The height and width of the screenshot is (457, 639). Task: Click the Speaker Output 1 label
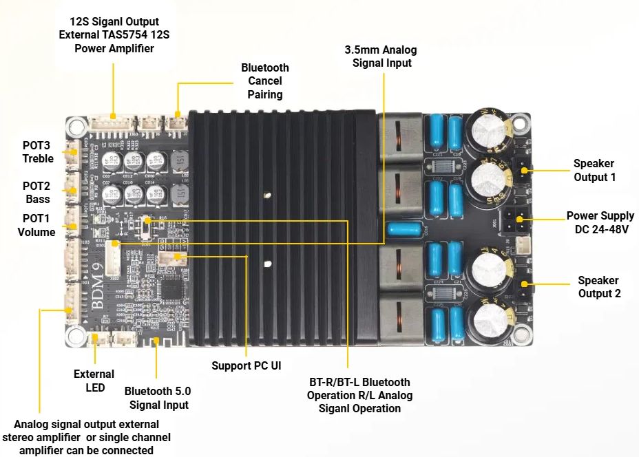(x=594, y=170)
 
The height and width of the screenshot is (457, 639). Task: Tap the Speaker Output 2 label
(x=598, y=286)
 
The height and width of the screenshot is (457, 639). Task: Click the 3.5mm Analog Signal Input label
(x=381, y=56)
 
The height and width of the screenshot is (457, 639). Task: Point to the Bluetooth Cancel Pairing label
(x=265, y=81)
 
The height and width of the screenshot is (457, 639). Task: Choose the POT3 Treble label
(x=37, y=152)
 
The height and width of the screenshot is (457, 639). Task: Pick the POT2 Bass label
(x=36, y=192)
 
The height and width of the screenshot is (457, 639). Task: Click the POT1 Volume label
(x=36, y=226)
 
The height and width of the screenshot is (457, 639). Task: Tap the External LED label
(x=90, y=381)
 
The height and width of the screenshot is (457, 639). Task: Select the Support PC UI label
(x=246, y=365)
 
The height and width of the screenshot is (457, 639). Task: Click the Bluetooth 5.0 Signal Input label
(x=158, y=398)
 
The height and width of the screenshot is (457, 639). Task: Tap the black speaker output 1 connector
(x=523, y=169)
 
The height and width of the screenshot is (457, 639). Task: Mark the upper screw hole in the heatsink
(x=266, y=197)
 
